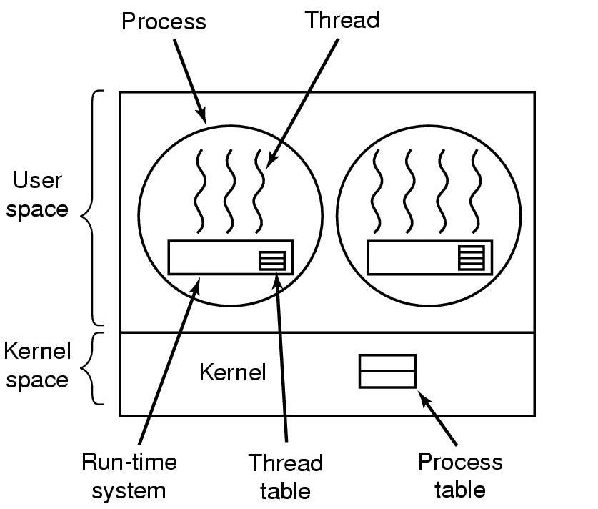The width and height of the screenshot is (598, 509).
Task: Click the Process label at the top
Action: pyautogui.click(x=164, y=21)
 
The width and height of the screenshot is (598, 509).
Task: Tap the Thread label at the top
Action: pyautogui.click(x=342, y=19)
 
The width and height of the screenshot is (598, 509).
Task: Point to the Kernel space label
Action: pyautogui.click(x=37, y=365)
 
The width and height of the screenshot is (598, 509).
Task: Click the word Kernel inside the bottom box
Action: pyautogui.click(x=232, y=372)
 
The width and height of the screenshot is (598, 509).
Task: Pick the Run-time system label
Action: pyautogui.click(x=129, y=476)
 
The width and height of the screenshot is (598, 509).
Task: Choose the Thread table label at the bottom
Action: pyautogui.click(x=286, y=476)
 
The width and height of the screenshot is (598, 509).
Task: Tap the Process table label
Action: pyautogui.click(x=460, y=475)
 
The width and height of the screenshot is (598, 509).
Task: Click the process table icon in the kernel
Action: pyautogui.click(x=387, y=371)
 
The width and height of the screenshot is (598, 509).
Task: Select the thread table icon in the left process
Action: pyautogui.click(x=271, y=260)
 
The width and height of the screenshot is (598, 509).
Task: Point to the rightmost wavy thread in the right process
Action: pyautogui.click(x=474, y=190)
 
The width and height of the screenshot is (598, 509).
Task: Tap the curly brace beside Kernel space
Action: pyautogui.click(x=91, y=369)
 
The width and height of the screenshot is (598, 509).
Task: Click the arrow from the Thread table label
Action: pyautogui.click(x=281, y=357)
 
